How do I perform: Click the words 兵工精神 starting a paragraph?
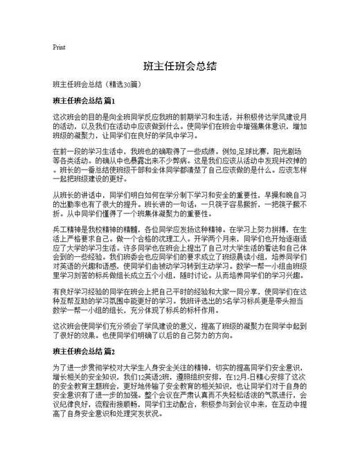pyautogui.click(x=66, y=227)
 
